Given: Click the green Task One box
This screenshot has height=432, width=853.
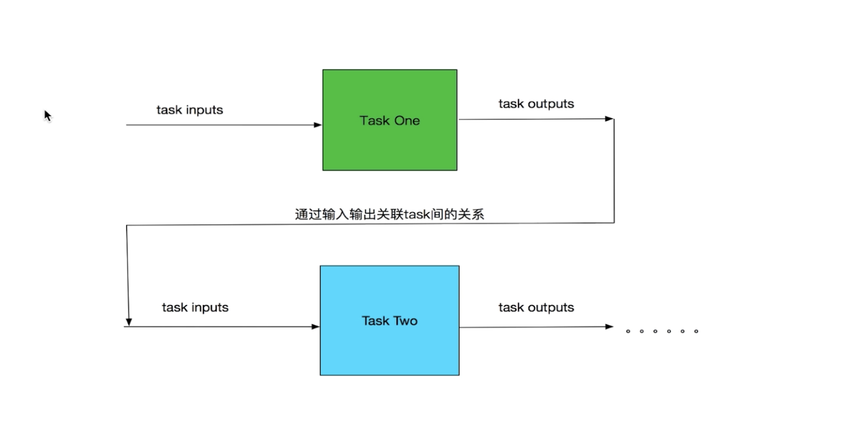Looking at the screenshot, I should point(389,147).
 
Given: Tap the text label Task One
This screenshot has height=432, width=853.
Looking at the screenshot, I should point(389,121).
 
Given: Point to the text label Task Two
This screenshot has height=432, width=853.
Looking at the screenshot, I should point(389,321).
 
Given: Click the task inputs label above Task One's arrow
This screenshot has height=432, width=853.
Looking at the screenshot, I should point(189,110).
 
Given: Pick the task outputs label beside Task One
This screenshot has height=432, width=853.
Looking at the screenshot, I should point(536,104).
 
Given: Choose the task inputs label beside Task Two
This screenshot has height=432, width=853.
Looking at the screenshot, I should point(195,307).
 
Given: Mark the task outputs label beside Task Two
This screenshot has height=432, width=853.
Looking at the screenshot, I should point(536,307).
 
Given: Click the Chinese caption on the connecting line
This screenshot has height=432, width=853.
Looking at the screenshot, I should point(389,215).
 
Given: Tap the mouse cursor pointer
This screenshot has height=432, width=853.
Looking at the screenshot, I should point(48,115).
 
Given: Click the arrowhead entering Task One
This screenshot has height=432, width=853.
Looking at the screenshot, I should point(318,125).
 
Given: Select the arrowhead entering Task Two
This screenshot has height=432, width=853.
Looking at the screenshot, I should point(316,327).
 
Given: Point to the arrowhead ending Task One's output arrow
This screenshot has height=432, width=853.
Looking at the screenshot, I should point(609,119).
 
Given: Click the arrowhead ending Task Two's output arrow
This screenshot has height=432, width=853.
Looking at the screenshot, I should point(609,327).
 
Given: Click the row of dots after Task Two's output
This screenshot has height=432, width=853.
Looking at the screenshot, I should point(662,331).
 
